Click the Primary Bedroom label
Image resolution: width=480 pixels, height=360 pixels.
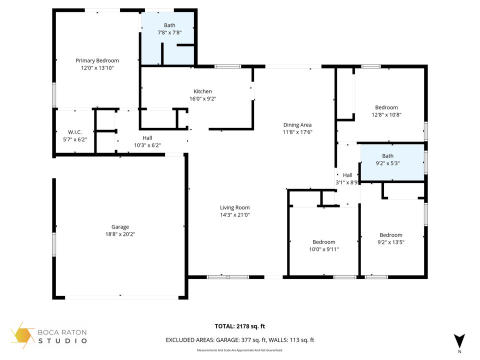tap(97, 60)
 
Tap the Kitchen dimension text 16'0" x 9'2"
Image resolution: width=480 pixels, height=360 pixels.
tap(202, 99)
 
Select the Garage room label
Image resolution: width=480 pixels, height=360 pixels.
tap(120, 227)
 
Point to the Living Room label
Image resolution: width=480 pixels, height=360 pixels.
tap(234, 207)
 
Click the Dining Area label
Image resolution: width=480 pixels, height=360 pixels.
tap(297, 125)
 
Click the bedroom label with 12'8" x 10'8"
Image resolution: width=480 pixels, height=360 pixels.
tap(386, 107)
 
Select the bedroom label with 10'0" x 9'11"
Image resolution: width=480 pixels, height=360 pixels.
tap(323, 242)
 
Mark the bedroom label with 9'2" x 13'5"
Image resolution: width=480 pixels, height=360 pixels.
tap(390, 235)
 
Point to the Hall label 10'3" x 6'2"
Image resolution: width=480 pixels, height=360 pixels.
tap(147, 138)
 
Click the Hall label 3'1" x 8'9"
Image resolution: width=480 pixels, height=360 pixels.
tap(347, 175)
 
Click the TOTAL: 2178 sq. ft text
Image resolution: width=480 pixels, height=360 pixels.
tap(239, 326)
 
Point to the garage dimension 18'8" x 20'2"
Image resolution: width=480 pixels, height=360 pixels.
tap(120, 234)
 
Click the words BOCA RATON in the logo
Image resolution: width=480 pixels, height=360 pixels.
tap(63, 332)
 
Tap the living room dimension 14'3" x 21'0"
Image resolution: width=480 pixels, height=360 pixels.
tap(234, 215)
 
